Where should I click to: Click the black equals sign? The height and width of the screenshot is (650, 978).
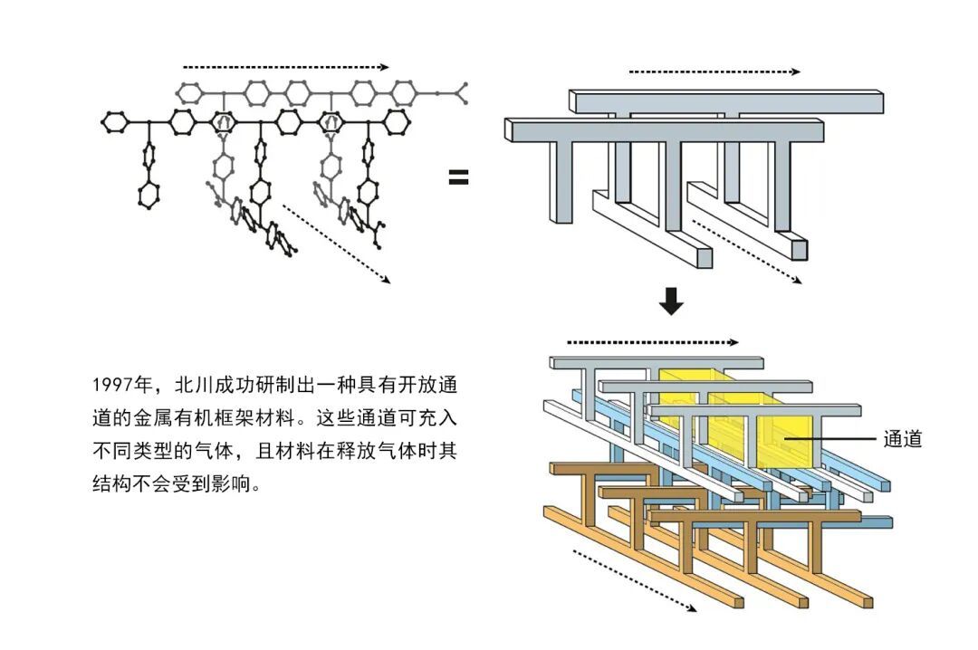pyautogui.click(x=458, y=177)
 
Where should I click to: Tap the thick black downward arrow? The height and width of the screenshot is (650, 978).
pyautogui.click(x=671, y=301)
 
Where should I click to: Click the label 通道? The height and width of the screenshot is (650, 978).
pyautogui.click(x=903, y=439)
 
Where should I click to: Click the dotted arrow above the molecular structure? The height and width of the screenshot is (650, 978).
pyautogui.click(x=285, y=67)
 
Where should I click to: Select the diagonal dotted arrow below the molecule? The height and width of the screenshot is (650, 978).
pyautogui.click(x=336, y=244)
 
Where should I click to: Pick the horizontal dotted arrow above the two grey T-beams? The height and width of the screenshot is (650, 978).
pyautogui.click(x=714, y=72)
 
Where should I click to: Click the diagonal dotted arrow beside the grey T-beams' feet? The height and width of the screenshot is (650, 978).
pyautogui.click(x=747, y=252)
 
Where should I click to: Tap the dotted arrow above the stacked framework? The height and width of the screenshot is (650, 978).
pyautogui.click(x=652, y=342)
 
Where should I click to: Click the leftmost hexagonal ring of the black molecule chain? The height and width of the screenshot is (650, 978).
pyautogui.click(x=113, y=121)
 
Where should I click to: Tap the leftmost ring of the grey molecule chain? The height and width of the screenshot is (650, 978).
pyautogui.click(x=189, y=93)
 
